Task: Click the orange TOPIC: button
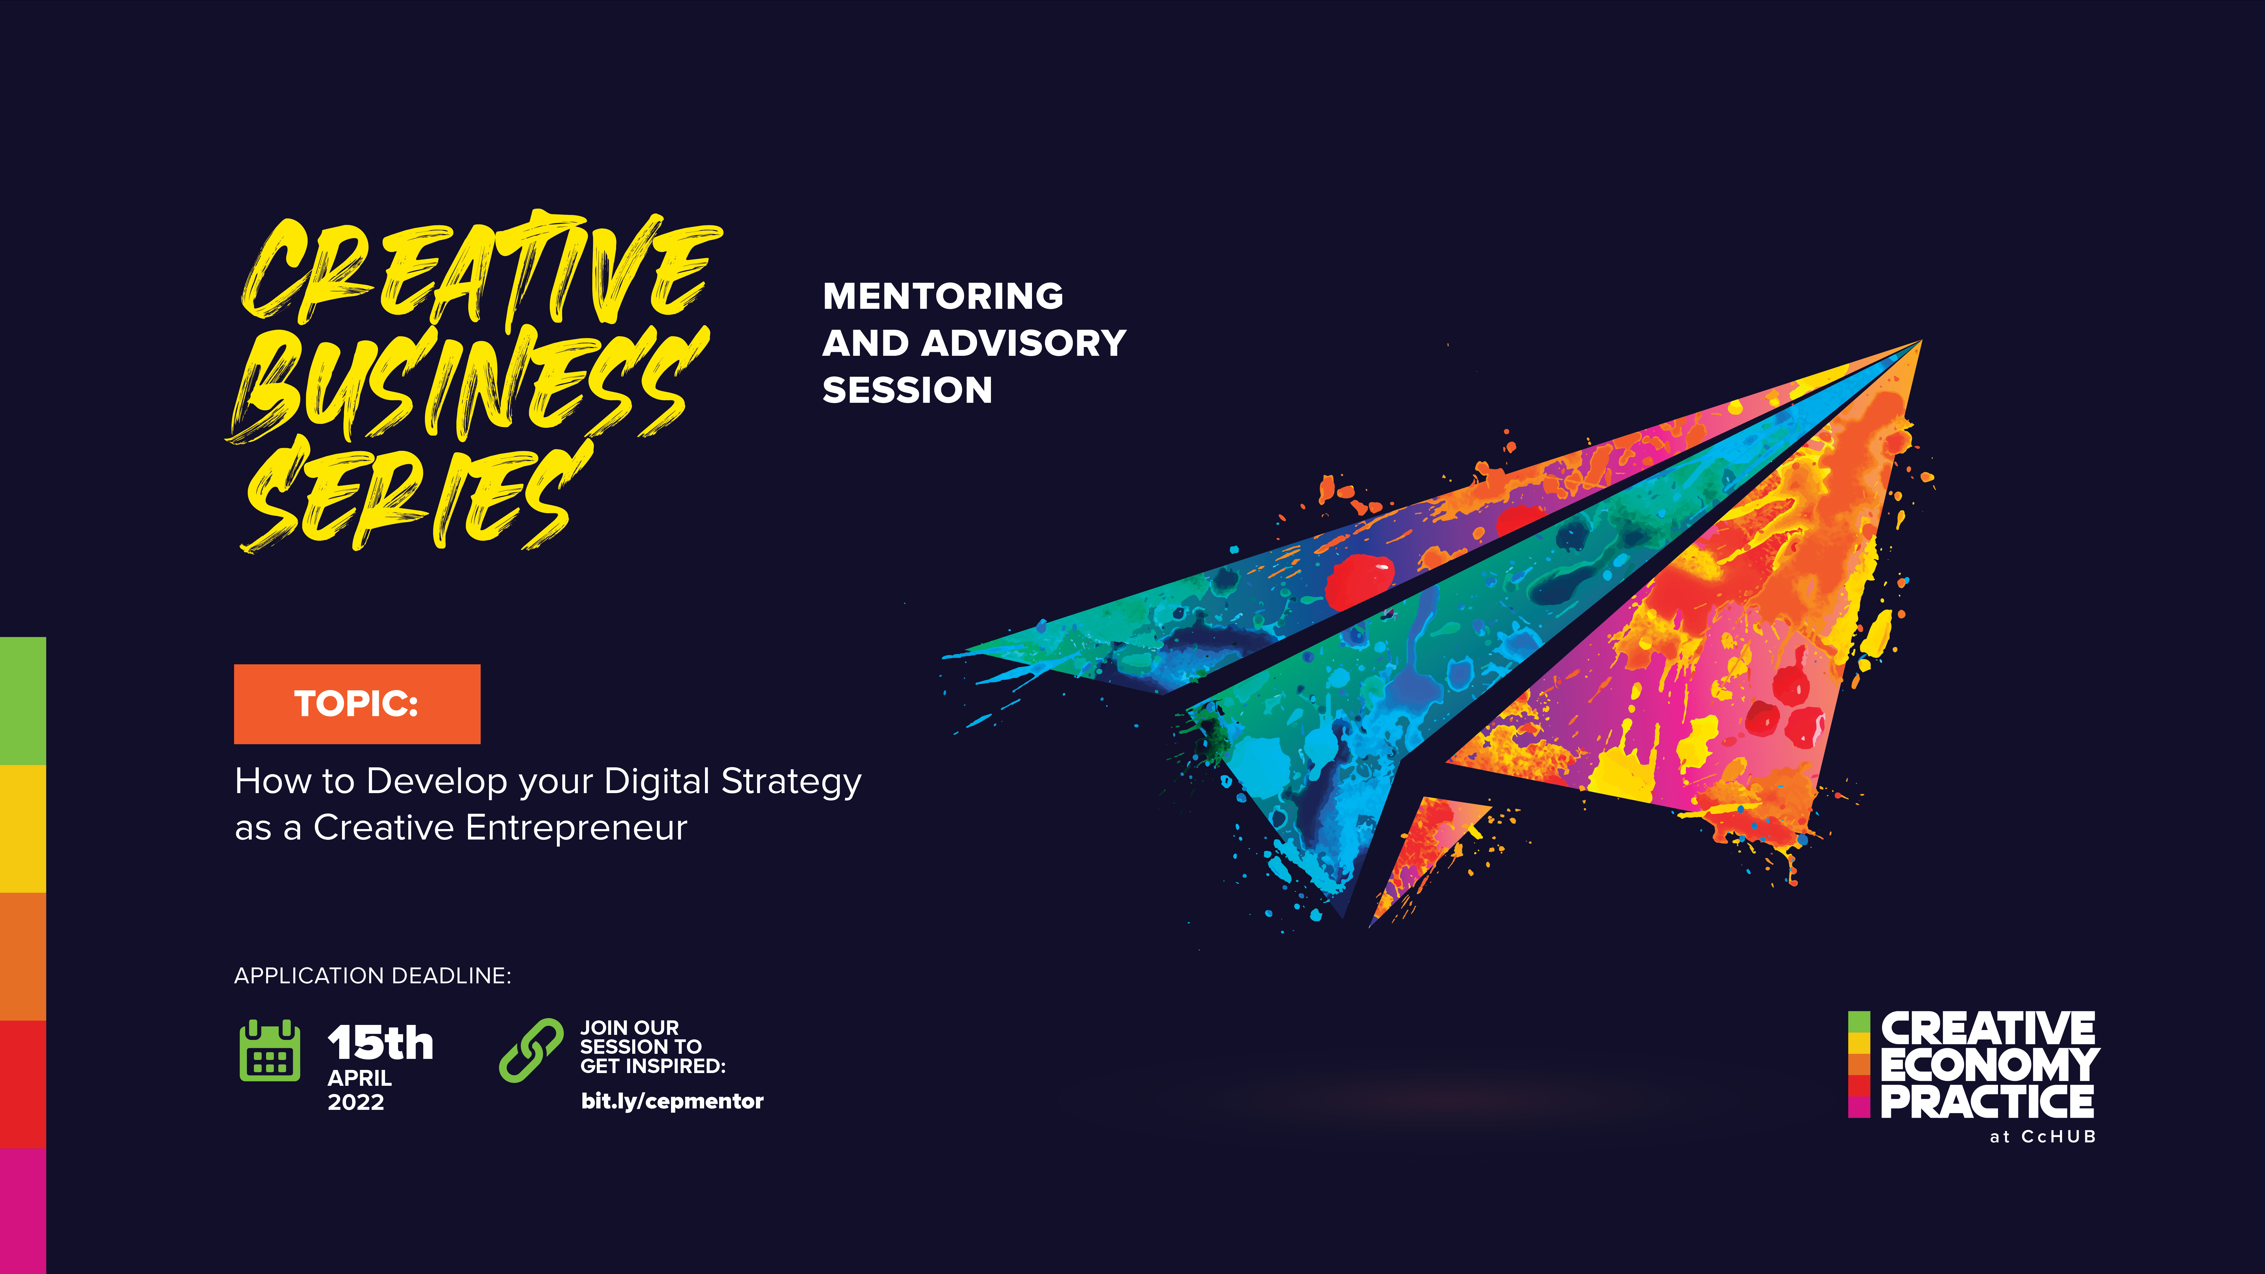point(357,703)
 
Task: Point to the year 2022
point(356,1102)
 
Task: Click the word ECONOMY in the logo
point(1990,1065)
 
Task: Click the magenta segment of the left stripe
point(23,1211)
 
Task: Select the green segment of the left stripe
point(23,701)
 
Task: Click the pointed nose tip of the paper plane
point(1921,341)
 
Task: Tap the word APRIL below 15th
point(360,1078)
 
